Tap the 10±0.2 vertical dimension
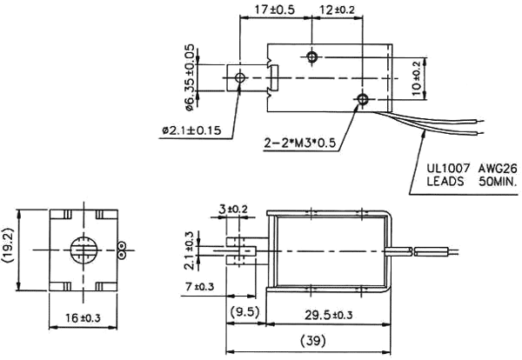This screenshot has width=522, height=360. coord(416,77)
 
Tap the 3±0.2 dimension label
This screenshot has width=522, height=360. coord(233,210)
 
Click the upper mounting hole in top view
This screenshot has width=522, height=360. coord(313,57)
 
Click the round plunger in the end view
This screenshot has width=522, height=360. coord(83,250)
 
